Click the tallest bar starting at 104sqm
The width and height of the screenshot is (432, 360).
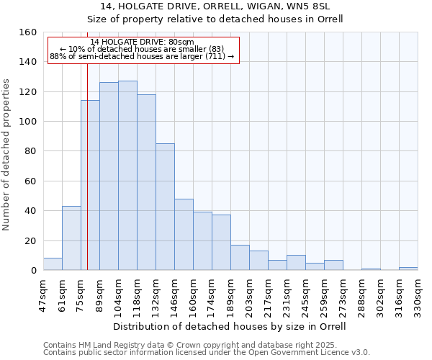pyautogui.click(x=127, y=176)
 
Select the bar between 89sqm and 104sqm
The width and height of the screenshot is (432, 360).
pyautogui.click(x=109, y=176)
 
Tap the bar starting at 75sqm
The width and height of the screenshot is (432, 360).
pyautogui.click(x=90, y=185)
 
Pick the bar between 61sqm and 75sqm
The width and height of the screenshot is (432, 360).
pyautogui.click(x=71, y=238)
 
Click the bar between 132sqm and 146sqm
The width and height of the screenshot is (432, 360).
pyautogui.click(x=165, y=207)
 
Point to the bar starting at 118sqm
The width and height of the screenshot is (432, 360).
pyautogui.click(x=146, y=182)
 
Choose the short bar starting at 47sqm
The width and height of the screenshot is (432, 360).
pyautogui.click(x=53, y=264)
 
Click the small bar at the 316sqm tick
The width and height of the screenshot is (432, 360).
pyautogui.click(x=408, y=269)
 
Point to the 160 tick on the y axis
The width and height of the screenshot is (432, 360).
pyautogui.click(x=28, y=32)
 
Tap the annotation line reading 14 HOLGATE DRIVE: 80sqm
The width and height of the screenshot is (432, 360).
pyautogui.click(x=143, y=42)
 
